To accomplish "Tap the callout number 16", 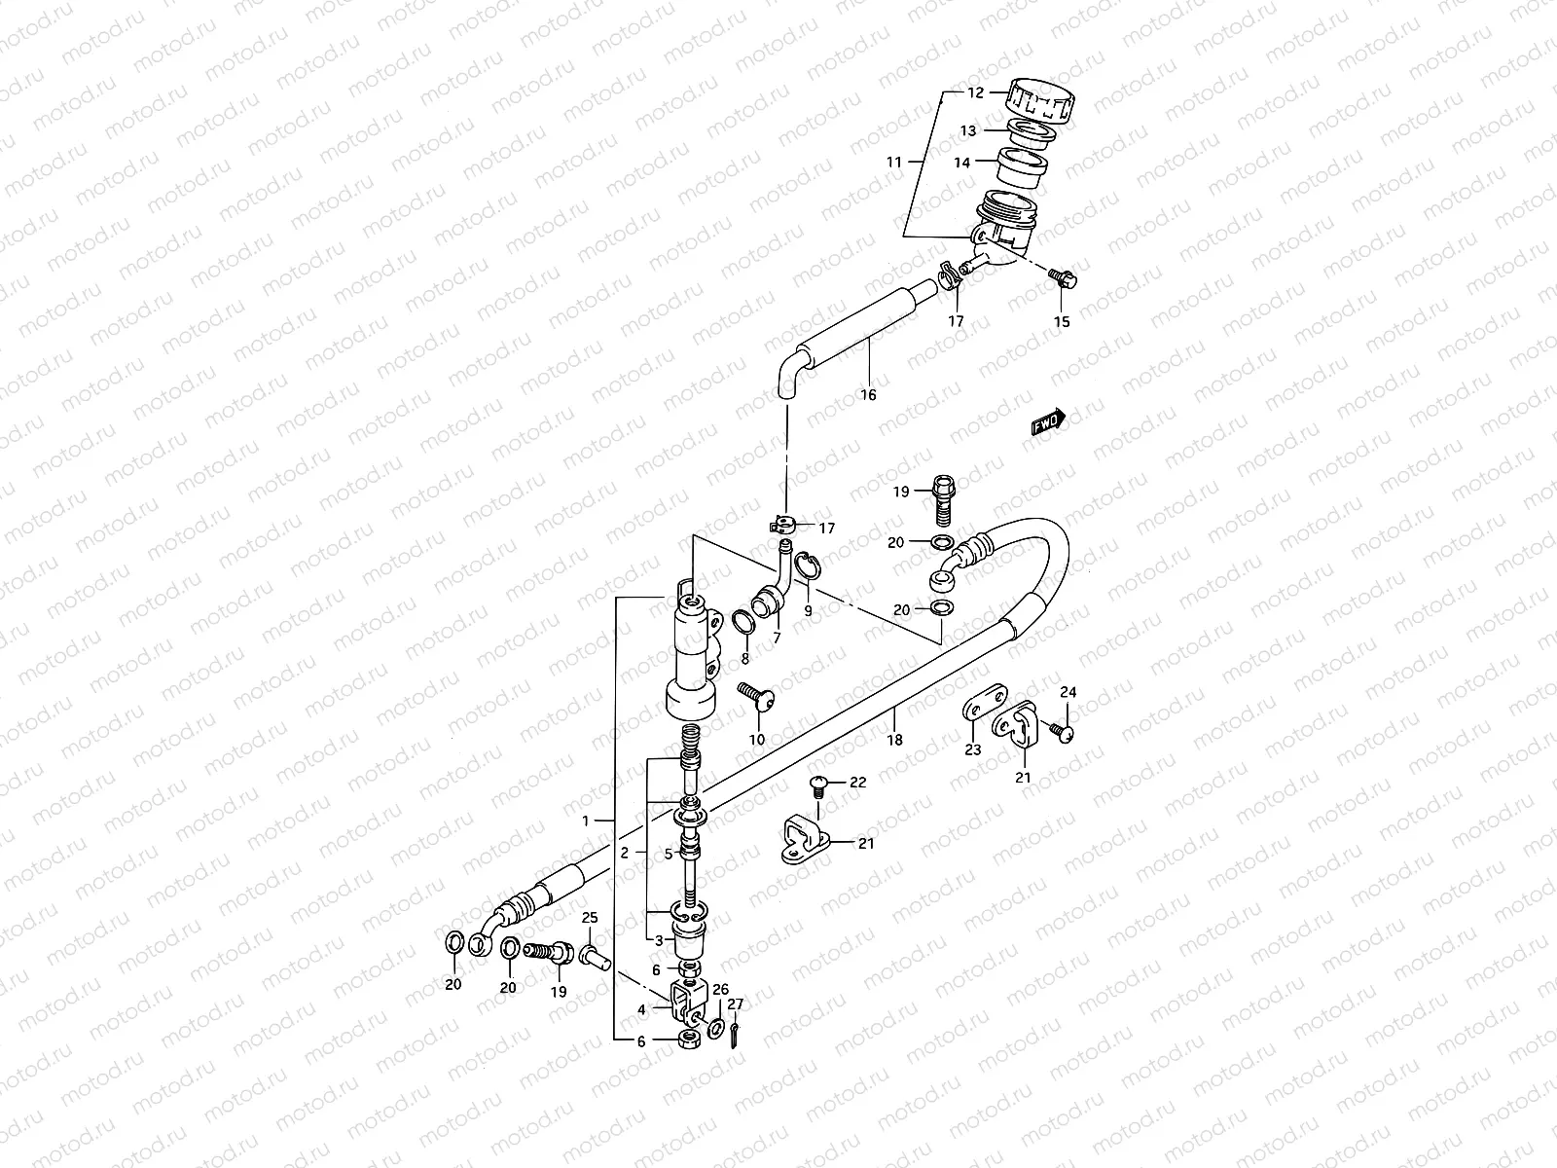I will pos(868,394).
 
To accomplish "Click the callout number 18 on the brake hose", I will pos(894,740).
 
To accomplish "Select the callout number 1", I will pos(586,821).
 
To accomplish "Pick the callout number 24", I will pos(1068,692).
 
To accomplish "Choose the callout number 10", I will pos(756,740).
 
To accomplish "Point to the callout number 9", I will pos(807,611).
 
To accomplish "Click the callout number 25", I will pos(589,918).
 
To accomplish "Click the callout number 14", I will pos(961,163).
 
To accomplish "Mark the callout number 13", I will pos(968,130).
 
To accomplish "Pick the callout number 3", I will pos(659,940).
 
